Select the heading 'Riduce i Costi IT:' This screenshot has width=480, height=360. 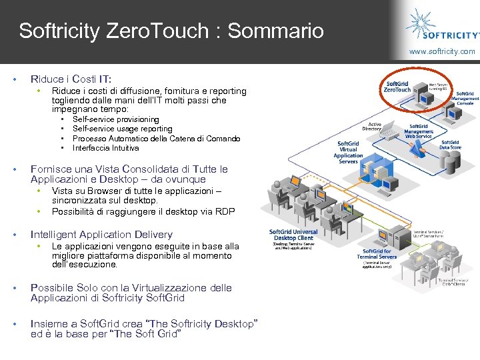coord(71,79)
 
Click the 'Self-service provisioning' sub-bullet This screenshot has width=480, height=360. coord(115,119)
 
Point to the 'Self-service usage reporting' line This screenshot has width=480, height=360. coord(122,129)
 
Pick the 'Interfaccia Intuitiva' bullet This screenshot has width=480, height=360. coord(105,148)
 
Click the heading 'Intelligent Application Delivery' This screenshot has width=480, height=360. coord(101,235)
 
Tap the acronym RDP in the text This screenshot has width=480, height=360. coord(226,211)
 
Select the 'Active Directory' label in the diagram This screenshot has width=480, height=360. coord(371,127)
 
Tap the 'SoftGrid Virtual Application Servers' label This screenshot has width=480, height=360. coord(348,151)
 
